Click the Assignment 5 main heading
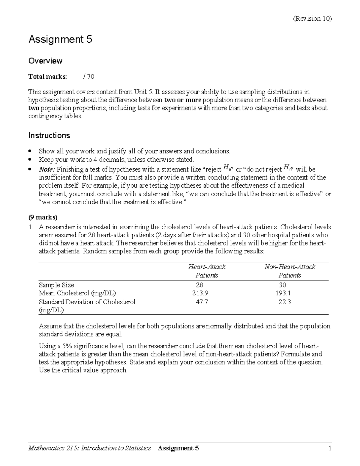click(x=60, y=39)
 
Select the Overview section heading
click(x=45, y=61)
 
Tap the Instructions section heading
click(x=49, y=136)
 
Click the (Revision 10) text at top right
click(x=312, y=19)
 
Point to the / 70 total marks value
click(x=88, y=77)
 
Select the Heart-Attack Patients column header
click(x=207, y=271)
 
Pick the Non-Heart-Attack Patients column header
click(x=289, y=271)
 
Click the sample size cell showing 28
click(x=199, y=285)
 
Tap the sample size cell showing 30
click(x=282, y=285)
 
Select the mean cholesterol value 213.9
click(x=200, y=293)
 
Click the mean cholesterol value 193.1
click(x=283, y=293)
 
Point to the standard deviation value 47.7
click(x=202, y=302)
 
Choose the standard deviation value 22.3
click(x=284, y=302)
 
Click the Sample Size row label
click(x=56, y=285)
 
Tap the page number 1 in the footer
click(x=329, y=449)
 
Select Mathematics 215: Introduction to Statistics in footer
click(x=89, y=449)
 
